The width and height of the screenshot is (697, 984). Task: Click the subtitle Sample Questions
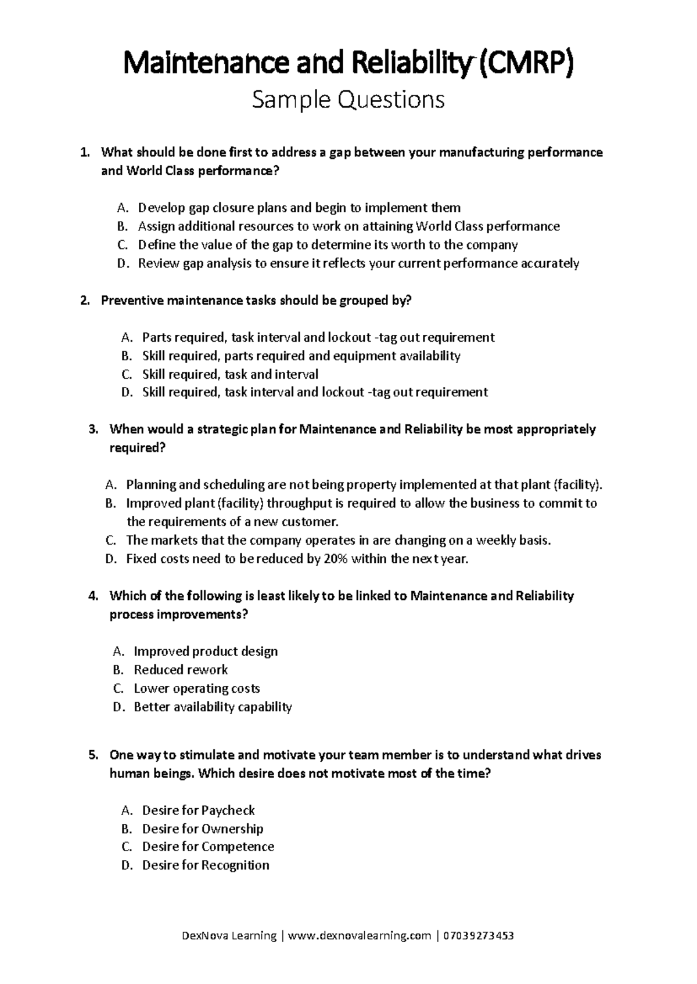[348, 100]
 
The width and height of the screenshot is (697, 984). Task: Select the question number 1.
[85, 153]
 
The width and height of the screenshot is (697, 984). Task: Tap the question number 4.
[94, 596]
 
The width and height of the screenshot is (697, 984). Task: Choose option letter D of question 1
[121, 263]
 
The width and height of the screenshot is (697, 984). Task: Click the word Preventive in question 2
[132, 301]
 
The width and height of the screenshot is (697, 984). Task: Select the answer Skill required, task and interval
[230, 374]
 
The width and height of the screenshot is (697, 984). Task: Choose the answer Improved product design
[206, 652]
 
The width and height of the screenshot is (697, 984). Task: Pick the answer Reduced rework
[181, 670]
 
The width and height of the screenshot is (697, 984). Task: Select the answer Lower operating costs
[196, 689]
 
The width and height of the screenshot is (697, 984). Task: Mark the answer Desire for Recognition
[206, 866]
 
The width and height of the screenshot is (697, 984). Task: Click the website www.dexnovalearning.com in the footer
[360, 936]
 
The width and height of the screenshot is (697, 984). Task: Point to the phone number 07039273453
[478, 936]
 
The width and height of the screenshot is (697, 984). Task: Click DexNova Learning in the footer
[229, 936]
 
